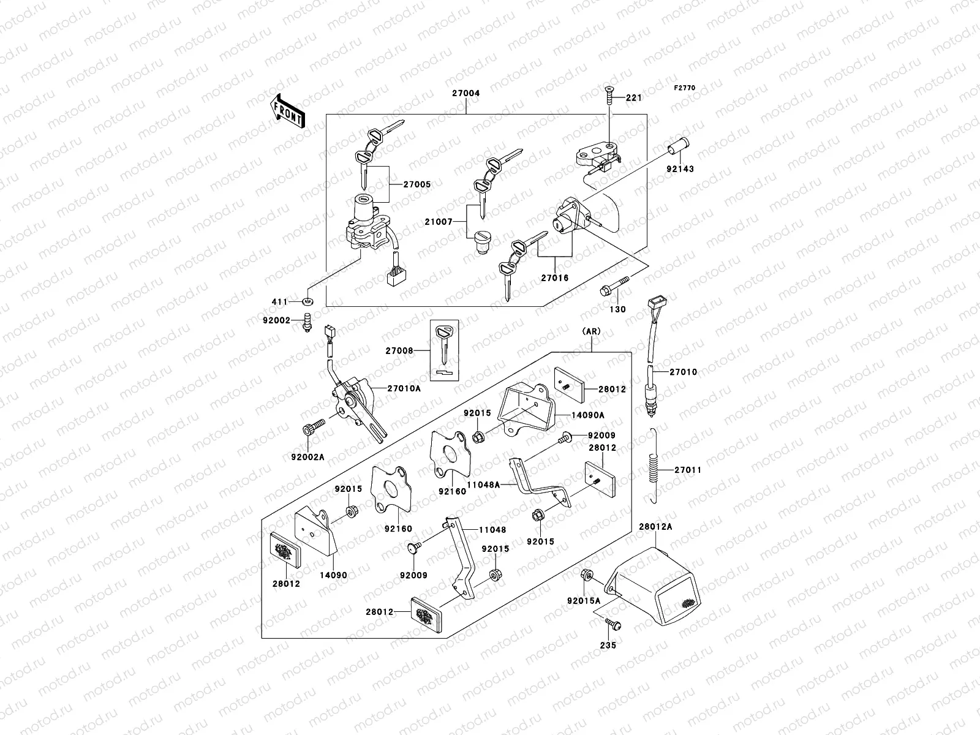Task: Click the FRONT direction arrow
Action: (x=287, y=111)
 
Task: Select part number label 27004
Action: (x=466, y=94)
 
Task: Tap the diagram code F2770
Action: (x=685, y=88)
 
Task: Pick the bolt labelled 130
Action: (x=616, y=288)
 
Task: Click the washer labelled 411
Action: (x=306, y=301)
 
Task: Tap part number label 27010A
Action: (x=404, y=388)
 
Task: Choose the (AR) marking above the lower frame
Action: (x=592, y=331)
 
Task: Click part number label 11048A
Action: (x=483, y=484)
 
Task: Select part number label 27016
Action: (x=554, y=277)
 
